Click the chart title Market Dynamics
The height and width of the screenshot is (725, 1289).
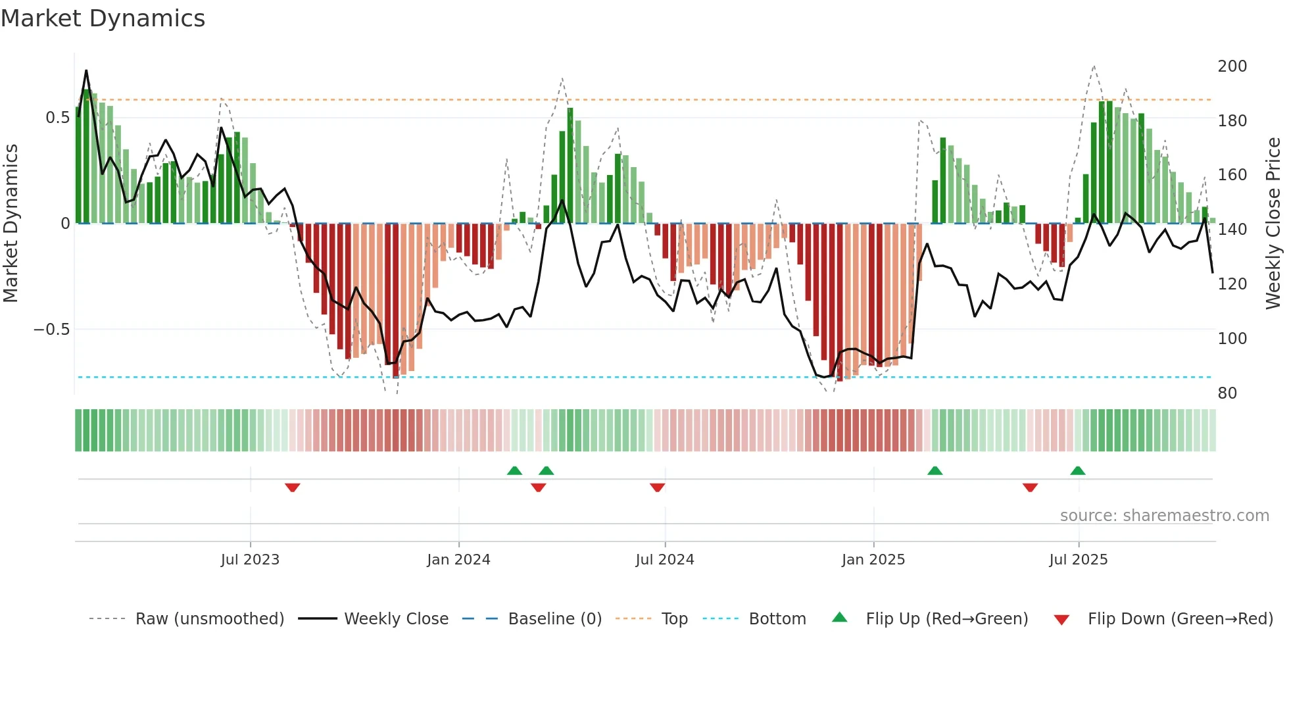(x=103, y=18)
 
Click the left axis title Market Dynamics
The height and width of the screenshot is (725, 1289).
(x=11, y=224)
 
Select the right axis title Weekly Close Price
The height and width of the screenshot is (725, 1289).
(x=1273, y=224)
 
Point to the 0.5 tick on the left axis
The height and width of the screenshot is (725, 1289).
(x=57, y=118)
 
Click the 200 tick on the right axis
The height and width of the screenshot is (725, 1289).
(x=1232, y=66)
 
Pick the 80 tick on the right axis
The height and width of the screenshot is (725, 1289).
(x=1227, y=393)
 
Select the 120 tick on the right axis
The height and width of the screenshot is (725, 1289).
(x=1232, y=284)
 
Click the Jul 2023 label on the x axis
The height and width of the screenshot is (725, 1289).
(x=250, y=560)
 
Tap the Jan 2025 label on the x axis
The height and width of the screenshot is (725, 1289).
(x=873, y=560)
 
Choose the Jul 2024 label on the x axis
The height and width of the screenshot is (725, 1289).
(x=664, y=560)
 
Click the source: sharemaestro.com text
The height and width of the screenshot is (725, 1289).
(x=1164, y=516)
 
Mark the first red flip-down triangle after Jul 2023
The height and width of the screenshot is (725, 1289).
(x=293, y=487)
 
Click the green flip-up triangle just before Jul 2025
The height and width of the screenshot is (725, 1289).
(x=1077, y=471)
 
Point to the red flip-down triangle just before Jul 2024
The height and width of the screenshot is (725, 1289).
(x=657, y=487)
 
